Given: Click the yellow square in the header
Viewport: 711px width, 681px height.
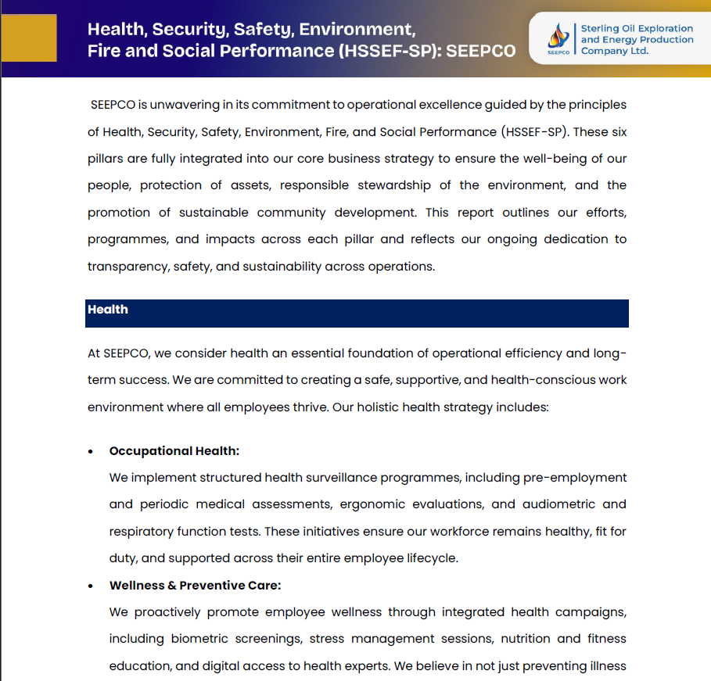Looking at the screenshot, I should (30, 38).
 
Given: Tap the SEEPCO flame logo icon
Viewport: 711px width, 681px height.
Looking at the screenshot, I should (558, 36).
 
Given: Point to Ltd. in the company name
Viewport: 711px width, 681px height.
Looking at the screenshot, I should (637, 51).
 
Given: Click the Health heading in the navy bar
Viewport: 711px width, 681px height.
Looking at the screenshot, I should (108, 310).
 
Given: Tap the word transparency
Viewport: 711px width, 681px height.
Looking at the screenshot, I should (125, 266).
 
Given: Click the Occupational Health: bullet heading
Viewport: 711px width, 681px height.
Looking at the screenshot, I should (174, 451).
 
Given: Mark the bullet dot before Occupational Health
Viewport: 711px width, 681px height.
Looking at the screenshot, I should (92, 452).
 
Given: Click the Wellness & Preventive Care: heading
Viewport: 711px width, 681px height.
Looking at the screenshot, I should (195, 586).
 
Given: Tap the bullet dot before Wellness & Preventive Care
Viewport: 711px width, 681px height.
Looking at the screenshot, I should (92, 586).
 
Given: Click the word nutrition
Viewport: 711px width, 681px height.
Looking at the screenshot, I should (526, 639).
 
